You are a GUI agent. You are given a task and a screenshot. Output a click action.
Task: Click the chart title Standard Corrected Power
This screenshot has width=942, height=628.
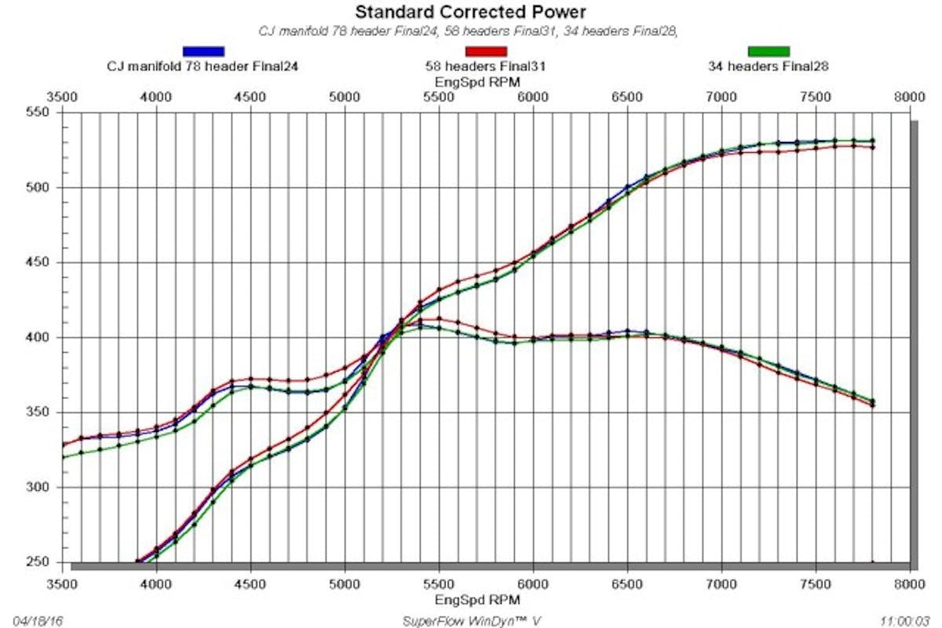[470, 12]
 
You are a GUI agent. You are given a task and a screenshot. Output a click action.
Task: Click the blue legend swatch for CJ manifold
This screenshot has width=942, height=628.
[203, 52]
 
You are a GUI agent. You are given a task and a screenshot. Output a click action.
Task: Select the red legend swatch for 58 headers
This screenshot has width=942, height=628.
[485, 52]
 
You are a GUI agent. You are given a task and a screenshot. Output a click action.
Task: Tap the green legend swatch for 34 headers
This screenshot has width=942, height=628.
[768, 52]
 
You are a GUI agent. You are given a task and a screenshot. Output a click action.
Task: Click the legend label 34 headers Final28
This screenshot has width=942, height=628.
[768, 67]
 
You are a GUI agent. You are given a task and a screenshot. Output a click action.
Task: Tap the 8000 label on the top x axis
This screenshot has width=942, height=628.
[909, 97]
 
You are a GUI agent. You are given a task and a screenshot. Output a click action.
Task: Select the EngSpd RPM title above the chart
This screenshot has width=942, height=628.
[470, 82]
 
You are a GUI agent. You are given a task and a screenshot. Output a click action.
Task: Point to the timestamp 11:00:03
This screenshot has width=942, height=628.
[903, 620]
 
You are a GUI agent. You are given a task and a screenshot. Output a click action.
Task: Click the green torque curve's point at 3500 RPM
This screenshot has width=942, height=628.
[63, 457]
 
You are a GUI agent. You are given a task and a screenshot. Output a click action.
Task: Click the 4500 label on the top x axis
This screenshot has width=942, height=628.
[250, 97]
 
